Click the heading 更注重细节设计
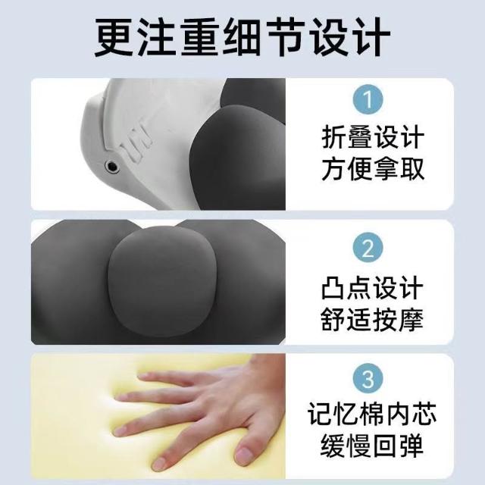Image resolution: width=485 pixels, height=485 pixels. (x=242, y=37)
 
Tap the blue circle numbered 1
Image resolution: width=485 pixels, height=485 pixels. (x=368, y=99)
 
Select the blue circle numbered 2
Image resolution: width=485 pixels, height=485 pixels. (x=368, y=248)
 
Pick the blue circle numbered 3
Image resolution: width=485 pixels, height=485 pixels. (x=368, y=379)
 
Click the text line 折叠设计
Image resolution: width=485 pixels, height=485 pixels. (x=372, y=138)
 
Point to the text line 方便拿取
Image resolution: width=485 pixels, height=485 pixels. (x=372, y=168)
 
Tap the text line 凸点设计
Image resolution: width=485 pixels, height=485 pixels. (x=372, y=288)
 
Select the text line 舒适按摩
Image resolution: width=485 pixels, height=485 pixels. (x=372, y=319)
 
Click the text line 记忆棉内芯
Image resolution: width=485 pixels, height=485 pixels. (x=372, y=414)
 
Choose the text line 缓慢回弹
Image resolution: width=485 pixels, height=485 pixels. (x=372, y=446)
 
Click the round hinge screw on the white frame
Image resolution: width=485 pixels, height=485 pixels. (x=112, y=167)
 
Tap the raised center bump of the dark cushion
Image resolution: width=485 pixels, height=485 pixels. (x=161, y=280)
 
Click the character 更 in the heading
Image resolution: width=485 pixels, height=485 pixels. (x=114, y=37)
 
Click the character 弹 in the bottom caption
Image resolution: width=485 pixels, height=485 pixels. (x=411, y=446)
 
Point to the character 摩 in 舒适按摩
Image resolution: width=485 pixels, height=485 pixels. (x=411, y=319)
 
